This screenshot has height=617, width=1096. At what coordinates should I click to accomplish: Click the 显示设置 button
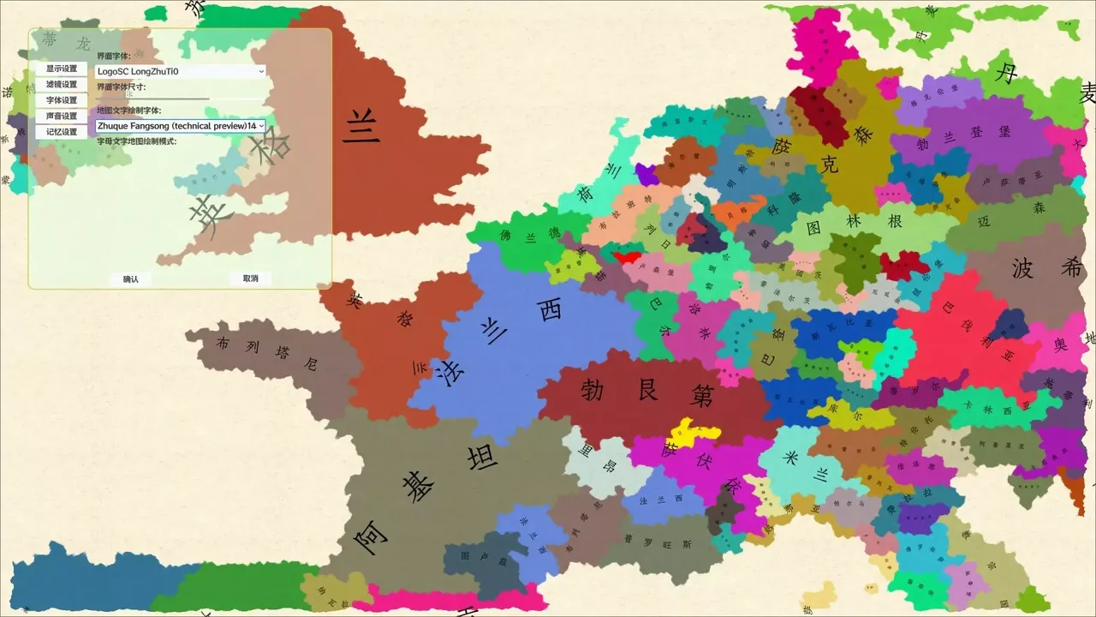click(61, 69)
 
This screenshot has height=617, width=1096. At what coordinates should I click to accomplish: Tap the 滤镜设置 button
click(61, 84)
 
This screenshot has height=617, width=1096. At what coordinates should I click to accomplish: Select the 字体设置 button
click(61, 100)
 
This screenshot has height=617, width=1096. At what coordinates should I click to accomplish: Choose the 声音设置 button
click(61, 116)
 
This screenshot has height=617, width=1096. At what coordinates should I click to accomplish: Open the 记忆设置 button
click(61, 132)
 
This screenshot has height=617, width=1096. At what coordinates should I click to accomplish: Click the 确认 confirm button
click(130, 279)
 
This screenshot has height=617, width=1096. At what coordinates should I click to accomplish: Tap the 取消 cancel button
click(250, 279)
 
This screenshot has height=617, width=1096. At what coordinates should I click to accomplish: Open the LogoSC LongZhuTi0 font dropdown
click(180, 71)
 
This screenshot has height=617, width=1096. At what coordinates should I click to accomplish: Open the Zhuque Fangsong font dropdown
click(180, 126)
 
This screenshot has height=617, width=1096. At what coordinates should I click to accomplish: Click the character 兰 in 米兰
click(819, 474)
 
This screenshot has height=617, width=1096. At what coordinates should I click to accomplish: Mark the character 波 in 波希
click(1023, 269)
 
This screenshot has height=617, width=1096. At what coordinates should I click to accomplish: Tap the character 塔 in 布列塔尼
click(280, 352)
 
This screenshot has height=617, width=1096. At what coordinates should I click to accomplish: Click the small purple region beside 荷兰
click(646, 174)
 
